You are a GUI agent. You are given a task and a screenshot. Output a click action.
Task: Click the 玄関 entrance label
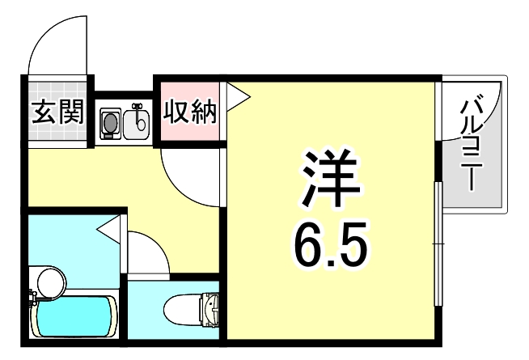point(57,112)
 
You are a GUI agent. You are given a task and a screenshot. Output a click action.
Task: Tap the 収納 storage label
point(191,112)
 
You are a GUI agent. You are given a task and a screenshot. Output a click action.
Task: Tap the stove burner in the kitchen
point(110,122)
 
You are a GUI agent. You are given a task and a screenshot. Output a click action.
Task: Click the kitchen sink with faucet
point(139,122)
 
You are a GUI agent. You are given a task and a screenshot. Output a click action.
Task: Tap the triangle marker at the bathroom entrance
point(108,232)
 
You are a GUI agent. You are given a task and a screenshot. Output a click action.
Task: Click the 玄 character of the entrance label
point(44,112)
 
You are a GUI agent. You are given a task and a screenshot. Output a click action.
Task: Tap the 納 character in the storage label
point(205,112)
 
